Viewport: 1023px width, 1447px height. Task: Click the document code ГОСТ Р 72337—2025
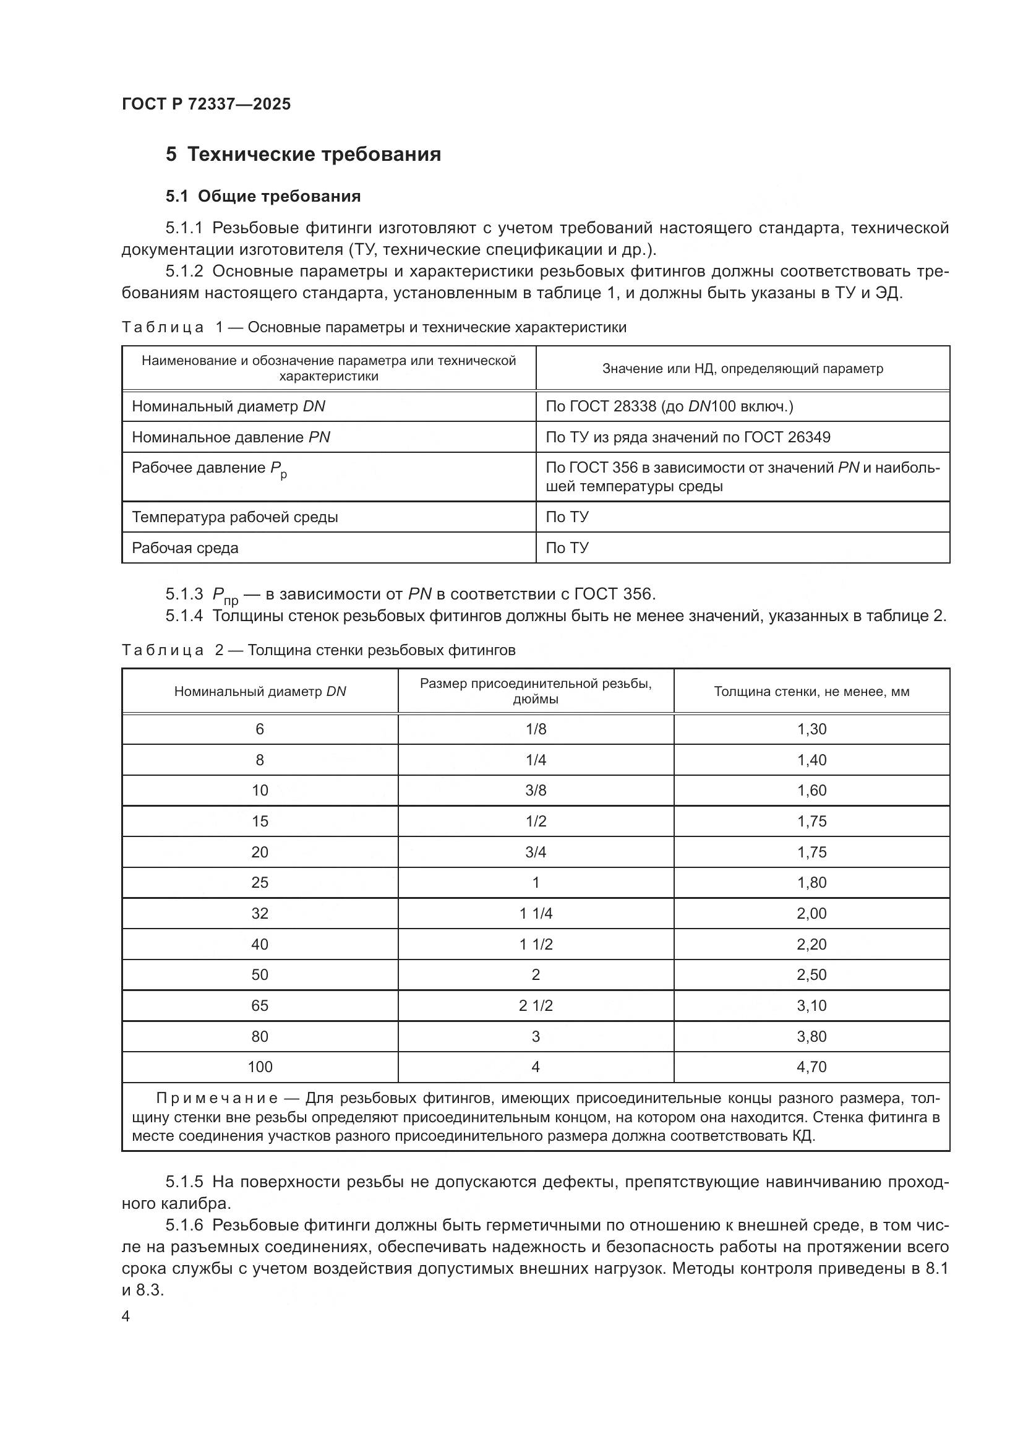pos(206,104)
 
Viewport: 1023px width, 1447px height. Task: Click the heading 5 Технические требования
pos(303,155)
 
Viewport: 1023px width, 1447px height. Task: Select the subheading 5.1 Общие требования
pos(263,196)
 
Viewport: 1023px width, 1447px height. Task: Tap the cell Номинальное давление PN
pos(231,437)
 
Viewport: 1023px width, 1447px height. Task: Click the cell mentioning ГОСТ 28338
pos(669,406)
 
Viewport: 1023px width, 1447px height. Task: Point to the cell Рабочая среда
pos(184,547)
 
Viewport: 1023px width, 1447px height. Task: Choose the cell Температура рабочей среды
pos(234,517)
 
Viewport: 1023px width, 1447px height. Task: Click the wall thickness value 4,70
pos(811,1067)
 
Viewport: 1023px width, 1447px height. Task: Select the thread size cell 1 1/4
pos(536,913)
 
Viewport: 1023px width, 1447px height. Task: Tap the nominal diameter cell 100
pos(260,1067)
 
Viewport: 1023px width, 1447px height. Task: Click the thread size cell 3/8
pos(536,790)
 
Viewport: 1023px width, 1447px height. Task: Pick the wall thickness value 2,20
pos(811,944)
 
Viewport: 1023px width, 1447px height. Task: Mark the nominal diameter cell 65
pos(260,1005)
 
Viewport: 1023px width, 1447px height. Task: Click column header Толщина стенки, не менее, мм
pos(811,692)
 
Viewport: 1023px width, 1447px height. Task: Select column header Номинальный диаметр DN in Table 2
pos(260,692)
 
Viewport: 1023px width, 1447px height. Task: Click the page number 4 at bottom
pos(126,1316)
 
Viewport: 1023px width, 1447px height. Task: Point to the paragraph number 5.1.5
pos(184,1182)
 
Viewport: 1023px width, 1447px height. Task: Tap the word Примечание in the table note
pos(216,1099)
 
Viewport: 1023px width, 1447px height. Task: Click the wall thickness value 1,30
pos(811,729)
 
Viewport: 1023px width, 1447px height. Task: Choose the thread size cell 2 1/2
pos(536,1005)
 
